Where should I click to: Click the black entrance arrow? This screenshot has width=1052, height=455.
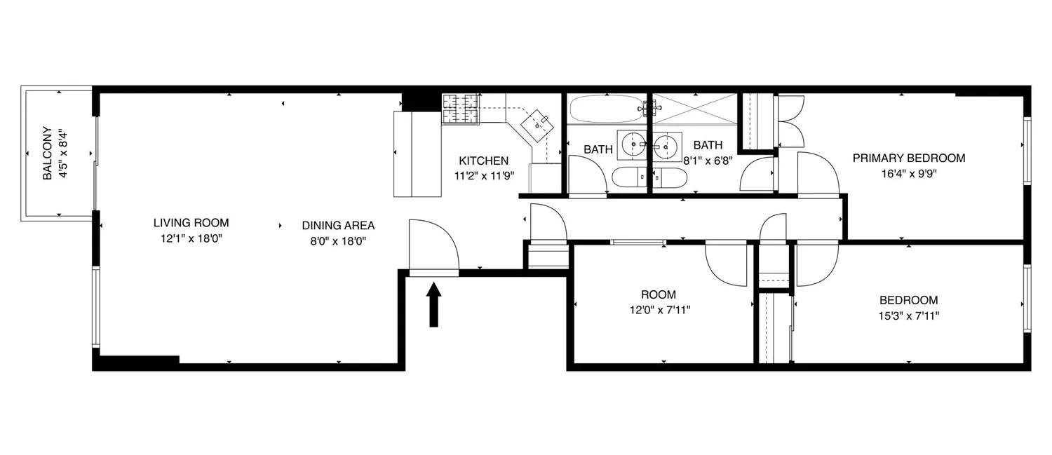tap(433, 304)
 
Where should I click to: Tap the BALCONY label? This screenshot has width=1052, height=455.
tap(48, 153)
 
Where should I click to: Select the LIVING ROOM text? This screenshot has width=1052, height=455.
tap(191, 222)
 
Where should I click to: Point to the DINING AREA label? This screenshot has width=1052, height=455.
tap(338, 225)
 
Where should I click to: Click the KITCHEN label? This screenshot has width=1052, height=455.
tap(484, 161)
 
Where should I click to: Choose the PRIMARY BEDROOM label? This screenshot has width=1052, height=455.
tap(909, 158)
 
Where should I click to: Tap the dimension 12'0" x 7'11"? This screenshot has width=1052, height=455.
tap(660, 311)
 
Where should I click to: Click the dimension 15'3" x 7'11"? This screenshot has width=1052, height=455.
tap(909, 316)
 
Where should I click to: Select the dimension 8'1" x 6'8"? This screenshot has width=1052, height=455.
tap(708, 161)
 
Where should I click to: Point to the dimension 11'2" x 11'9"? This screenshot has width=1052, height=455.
tap(484, 176)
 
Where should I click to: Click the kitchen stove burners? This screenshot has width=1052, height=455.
tap(461, 109)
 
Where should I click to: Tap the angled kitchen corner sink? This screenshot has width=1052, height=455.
tap(537, 126)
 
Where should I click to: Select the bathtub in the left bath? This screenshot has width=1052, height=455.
tap(607, 109)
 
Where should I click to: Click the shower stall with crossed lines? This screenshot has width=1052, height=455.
tap(695, 109)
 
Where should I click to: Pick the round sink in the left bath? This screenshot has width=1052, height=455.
tap(633, 145)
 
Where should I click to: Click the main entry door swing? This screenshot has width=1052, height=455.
tap(433, 247)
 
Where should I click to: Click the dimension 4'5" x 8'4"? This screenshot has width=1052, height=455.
tap(63, 154)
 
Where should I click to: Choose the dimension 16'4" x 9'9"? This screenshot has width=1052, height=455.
tap(909, 174)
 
